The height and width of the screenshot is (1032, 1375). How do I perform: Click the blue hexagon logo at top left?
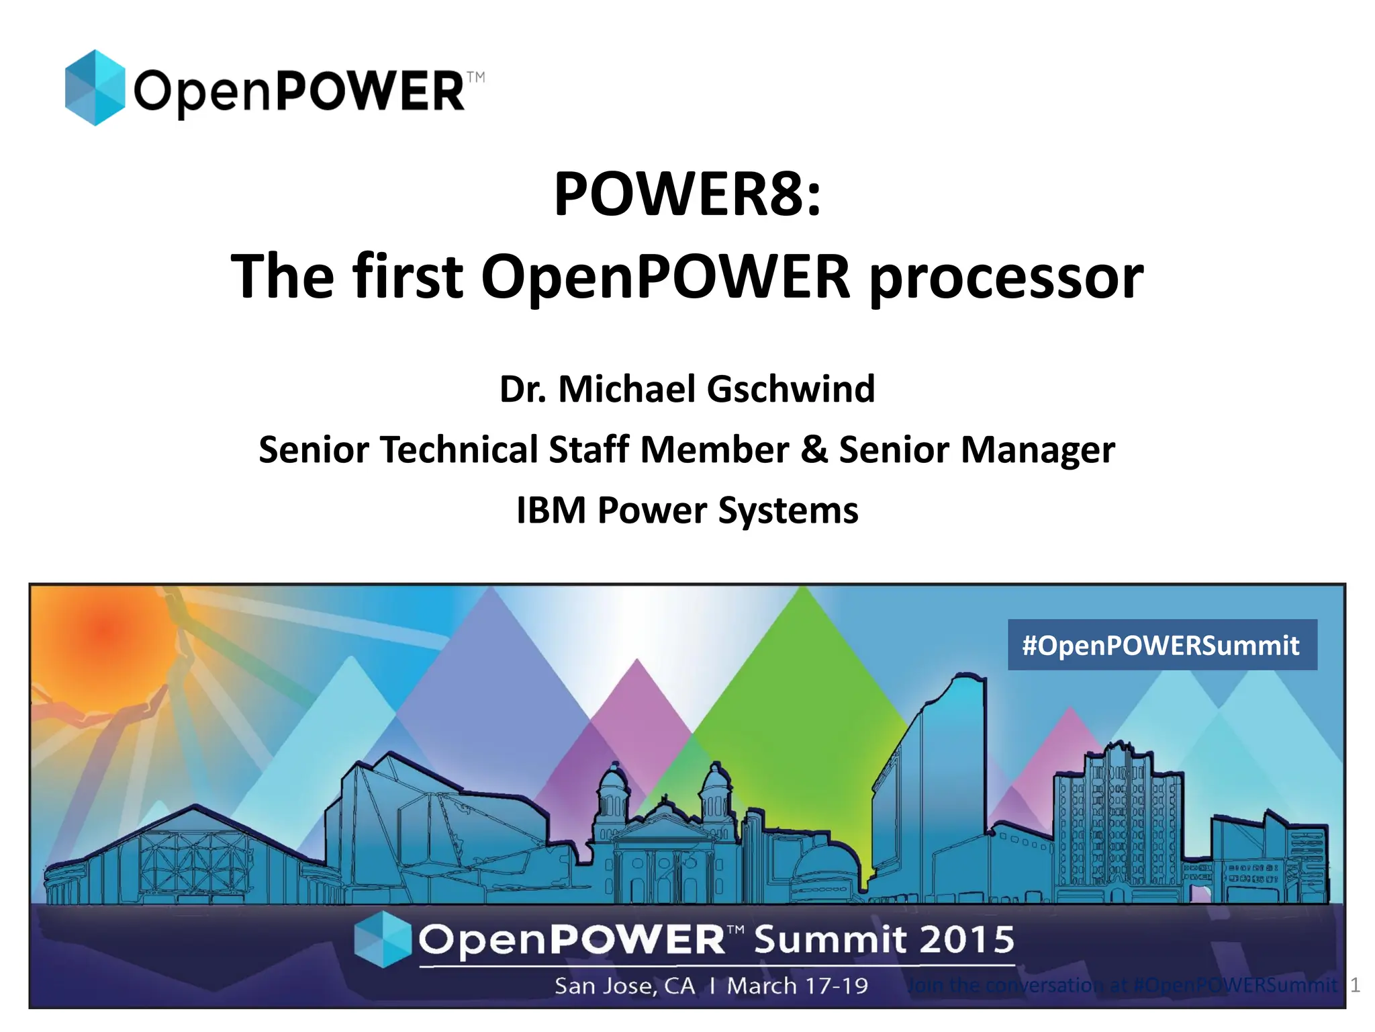click(95, 87)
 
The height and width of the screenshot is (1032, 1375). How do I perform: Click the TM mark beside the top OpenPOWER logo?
click(475, 77)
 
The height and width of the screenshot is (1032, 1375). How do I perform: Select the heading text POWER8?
click(687, 195)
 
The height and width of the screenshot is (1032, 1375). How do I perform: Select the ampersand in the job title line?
click(814, 449)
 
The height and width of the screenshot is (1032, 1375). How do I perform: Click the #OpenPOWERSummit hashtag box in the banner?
click(1161, 645)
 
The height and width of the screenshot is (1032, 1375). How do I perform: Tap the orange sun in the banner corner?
click(104, 632)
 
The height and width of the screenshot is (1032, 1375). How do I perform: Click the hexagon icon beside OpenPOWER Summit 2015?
click(382, 939)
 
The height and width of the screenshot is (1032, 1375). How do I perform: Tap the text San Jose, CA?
click(624, 986)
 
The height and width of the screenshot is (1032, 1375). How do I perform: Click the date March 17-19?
click(798, 986)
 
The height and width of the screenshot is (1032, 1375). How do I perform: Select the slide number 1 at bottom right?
click(1355, 985)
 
